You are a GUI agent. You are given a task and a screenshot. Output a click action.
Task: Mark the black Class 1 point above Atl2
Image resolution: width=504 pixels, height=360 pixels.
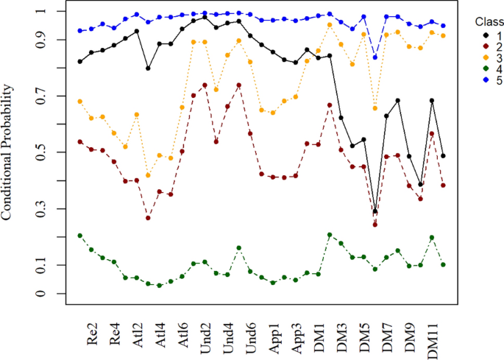137,31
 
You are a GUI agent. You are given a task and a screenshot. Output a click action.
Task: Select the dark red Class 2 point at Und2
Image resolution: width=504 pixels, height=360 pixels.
205,85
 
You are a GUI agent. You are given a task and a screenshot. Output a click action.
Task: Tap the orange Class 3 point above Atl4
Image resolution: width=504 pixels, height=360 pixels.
160,155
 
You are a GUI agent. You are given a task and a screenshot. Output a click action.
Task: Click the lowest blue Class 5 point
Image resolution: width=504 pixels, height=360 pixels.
375,57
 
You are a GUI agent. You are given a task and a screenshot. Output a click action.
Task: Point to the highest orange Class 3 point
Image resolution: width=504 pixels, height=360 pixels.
330,25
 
